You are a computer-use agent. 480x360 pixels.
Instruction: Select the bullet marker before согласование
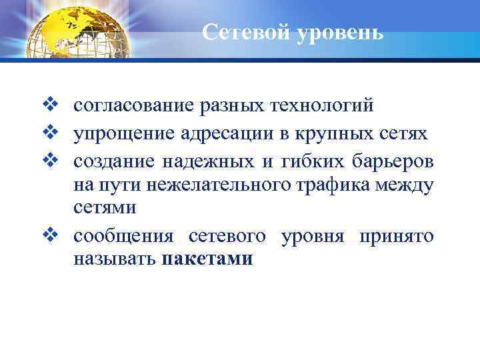(58, 106)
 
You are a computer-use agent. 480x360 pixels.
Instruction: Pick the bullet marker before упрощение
(58, 134)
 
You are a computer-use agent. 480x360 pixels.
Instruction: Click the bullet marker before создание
(58, 162)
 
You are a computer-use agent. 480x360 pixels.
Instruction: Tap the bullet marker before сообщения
(58, 236)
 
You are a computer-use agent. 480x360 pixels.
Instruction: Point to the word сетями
(105, 208)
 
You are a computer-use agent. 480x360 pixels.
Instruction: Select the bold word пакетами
(207, 259)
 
